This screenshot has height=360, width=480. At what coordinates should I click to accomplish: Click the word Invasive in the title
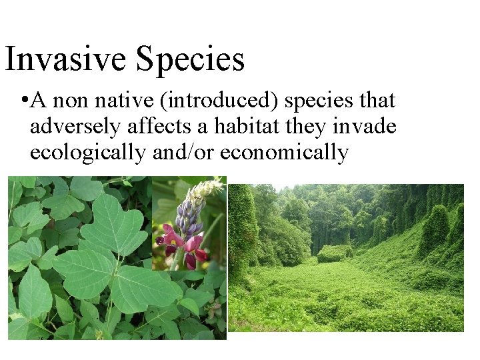tap(65, 59)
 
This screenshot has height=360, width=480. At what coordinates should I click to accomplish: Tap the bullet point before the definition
tap(23, 101)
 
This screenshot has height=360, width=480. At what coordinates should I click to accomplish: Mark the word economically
tap(284, 153)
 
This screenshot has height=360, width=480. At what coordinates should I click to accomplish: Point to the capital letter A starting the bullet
tap(38, 101)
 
